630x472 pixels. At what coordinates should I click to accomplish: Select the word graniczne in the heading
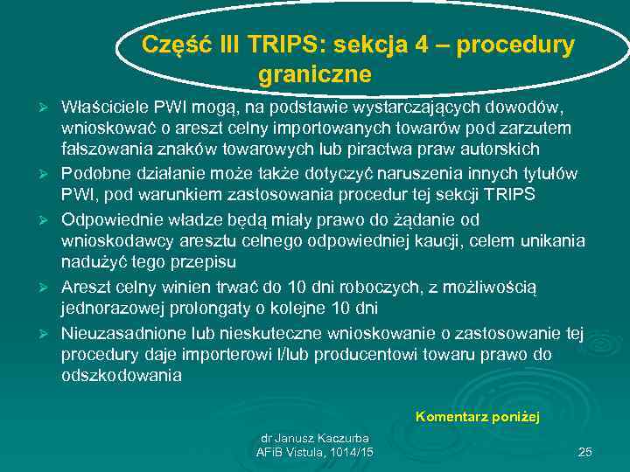[x=315, y=74]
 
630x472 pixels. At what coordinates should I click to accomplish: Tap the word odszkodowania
[x=122, y=375]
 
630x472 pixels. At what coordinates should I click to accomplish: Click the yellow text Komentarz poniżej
[x=478, y=417]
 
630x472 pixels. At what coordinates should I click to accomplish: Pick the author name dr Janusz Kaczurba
[x=315, y=438]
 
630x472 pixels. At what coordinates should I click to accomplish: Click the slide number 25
[x=585, y=452]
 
